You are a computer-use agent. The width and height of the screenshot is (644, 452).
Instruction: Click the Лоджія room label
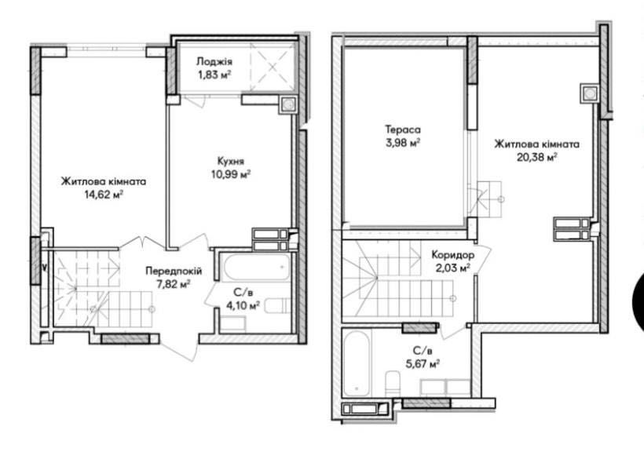(214, 61)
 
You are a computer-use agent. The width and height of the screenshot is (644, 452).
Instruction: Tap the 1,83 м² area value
(214, 75)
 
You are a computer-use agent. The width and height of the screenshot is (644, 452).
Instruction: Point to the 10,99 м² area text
(231, 174)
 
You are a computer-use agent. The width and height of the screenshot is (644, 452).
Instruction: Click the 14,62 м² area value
(104, 195)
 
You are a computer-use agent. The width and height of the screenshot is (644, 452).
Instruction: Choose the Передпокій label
(174, 271)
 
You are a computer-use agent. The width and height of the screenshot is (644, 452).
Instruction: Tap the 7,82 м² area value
(174, 284)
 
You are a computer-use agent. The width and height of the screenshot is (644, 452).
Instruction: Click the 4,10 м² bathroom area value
(243, 305)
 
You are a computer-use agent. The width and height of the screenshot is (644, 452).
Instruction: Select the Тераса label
(402, 129)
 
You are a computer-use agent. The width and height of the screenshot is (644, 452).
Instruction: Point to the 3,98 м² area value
(402, 144)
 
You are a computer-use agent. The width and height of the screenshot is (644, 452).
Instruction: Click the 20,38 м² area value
(536, 157)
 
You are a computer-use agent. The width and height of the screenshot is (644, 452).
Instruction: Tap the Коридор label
(452, 255)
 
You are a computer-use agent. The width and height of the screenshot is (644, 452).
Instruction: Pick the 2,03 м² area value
(453, 268)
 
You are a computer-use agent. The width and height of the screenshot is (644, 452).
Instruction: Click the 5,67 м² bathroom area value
(423, 364)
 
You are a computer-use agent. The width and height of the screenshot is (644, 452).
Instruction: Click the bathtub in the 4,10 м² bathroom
(254, 267)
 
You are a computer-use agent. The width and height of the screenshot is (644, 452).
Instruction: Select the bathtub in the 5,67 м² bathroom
(357, 363)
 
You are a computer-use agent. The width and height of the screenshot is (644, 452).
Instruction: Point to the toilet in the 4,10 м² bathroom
(277, 306)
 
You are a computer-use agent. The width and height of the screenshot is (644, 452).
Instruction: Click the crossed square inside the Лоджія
(273, 67)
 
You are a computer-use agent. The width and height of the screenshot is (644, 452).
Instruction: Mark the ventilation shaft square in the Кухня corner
(288, 104)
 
